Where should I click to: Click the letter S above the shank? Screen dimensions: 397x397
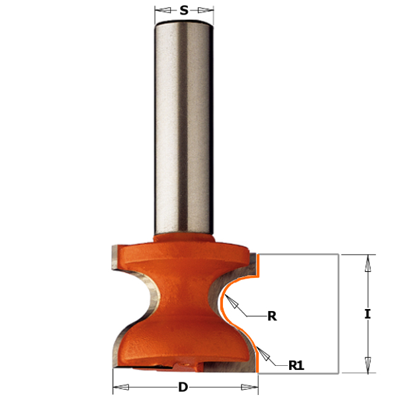click(184, 11)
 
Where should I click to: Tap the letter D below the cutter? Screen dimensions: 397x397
click(183, 387)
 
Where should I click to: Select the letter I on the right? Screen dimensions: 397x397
click(367, 314)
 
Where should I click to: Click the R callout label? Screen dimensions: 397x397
click(272, 316)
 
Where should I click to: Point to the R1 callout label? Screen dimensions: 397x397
click(296, 365)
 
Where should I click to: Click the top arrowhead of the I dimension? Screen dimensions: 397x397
click(368, 263)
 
